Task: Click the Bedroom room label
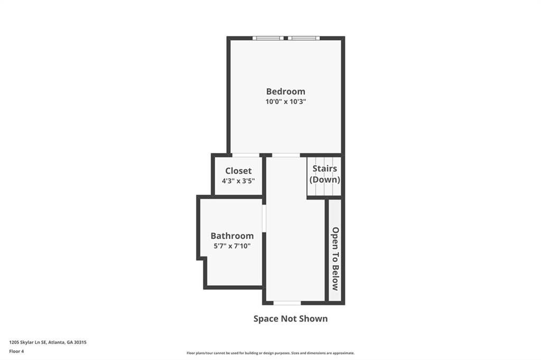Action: pos(285,91)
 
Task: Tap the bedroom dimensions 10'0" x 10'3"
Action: pos(285,101)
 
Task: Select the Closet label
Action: pos(238,171)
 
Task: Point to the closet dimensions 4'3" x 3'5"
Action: pos(238,181)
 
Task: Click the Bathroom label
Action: pos(232,236)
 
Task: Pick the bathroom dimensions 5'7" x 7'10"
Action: pos(232,245)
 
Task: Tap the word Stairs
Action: pos(324,169)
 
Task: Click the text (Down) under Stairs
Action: pos(324,179)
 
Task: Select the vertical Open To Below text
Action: pos(335,259)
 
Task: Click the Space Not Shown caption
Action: pos(291,318)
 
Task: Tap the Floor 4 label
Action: pos(17,350)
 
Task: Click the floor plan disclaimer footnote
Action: pos(270,353)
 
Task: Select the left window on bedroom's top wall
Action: pos(268,38)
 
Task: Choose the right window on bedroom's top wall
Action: pos(304,38)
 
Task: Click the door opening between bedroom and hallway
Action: pos(286,155)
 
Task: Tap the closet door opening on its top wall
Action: pos(245,155)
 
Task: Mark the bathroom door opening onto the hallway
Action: pos(264,218)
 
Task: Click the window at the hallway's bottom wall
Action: pos(287,303)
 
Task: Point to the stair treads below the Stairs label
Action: pos(324,190)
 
